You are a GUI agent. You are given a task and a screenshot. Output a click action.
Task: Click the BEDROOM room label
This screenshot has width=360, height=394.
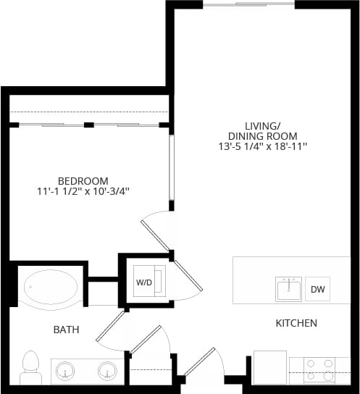click(x=83, y=180)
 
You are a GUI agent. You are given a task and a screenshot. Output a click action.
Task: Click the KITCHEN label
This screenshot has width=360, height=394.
click(x=296, y=323)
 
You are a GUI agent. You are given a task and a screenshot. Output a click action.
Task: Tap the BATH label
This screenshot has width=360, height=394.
click(x=66, y=330)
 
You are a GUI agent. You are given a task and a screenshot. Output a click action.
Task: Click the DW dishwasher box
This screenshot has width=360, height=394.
click(x=317, y=289)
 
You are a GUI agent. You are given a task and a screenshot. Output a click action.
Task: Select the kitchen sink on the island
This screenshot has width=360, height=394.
click(x=288, y=290)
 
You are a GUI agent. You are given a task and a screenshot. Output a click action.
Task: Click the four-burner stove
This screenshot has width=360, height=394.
click(x=317, y=369)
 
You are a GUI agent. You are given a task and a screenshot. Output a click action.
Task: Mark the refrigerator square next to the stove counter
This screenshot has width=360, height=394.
click(x=269, y=368)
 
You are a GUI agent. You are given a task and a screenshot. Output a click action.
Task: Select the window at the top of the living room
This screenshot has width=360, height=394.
click(x=248, y=4)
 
